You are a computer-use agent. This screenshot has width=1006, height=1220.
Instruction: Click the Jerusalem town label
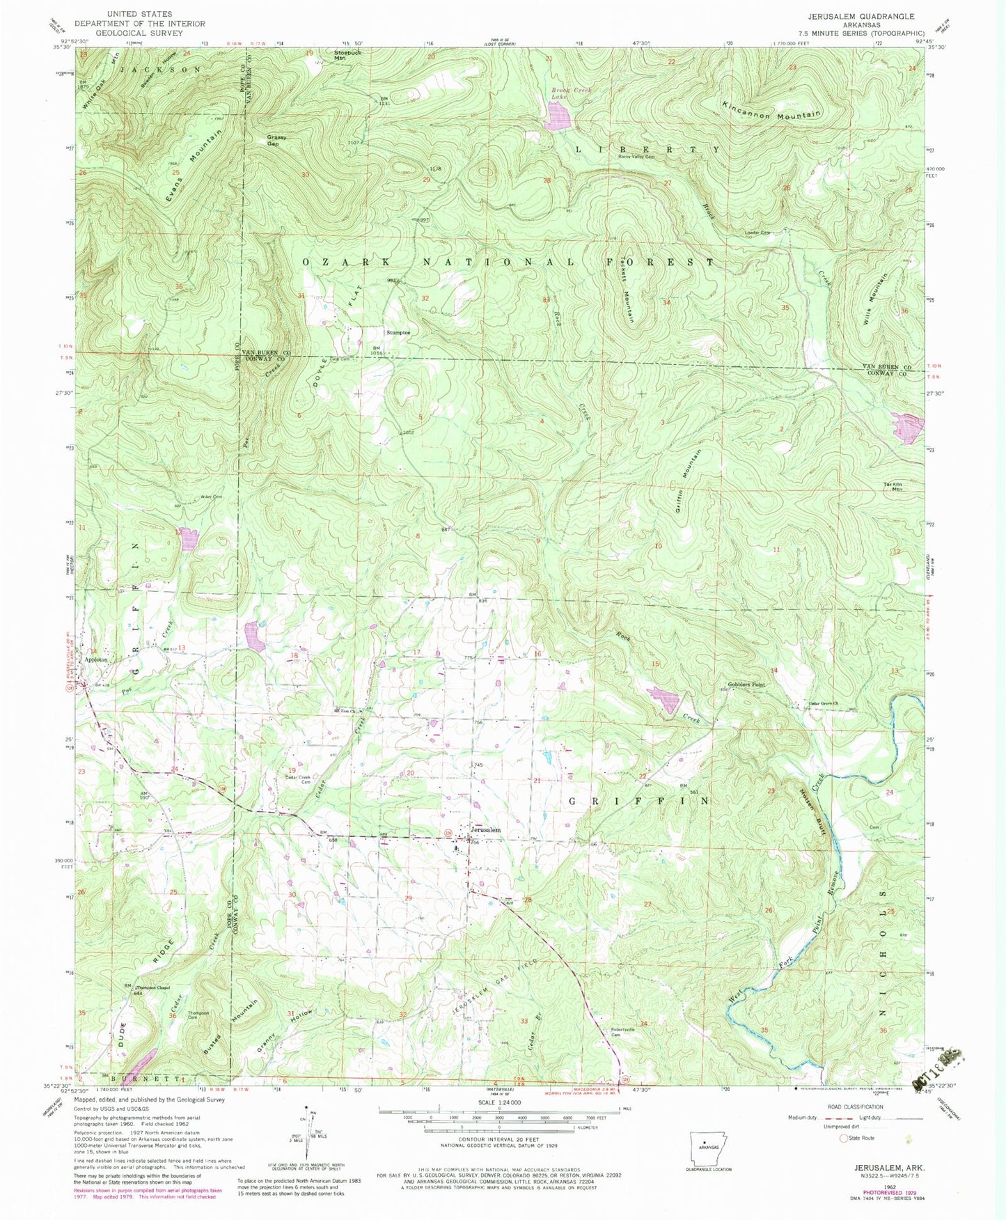pyautogui.click(x=485, y=830)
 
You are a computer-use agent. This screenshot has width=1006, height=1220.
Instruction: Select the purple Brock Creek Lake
pyautogui.click(x=558, y=116)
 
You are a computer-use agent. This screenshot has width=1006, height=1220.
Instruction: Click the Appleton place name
pyautogui.click(x=96, y=659)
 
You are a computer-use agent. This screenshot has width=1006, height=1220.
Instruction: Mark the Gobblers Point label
pyautogui.click(x=747, y=685)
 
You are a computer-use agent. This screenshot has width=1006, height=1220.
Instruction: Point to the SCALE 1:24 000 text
pyautogui.click(x=498, y=1102)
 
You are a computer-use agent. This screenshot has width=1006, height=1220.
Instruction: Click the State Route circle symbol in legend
pyautogui.click(x=845, y=1138)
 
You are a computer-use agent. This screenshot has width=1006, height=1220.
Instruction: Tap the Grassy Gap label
pyautogui.click(x=276, y=140)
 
